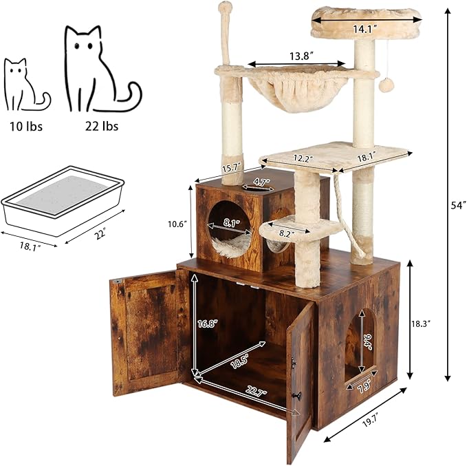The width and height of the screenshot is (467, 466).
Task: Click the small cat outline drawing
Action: click(x=24, y=85)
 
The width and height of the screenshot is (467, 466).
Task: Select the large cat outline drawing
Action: click(x=100, y=70)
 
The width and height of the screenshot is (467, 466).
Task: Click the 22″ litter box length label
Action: click(x=100, y=234)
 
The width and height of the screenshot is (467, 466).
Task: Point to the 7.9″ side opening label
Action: click(x=365, y=388)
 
